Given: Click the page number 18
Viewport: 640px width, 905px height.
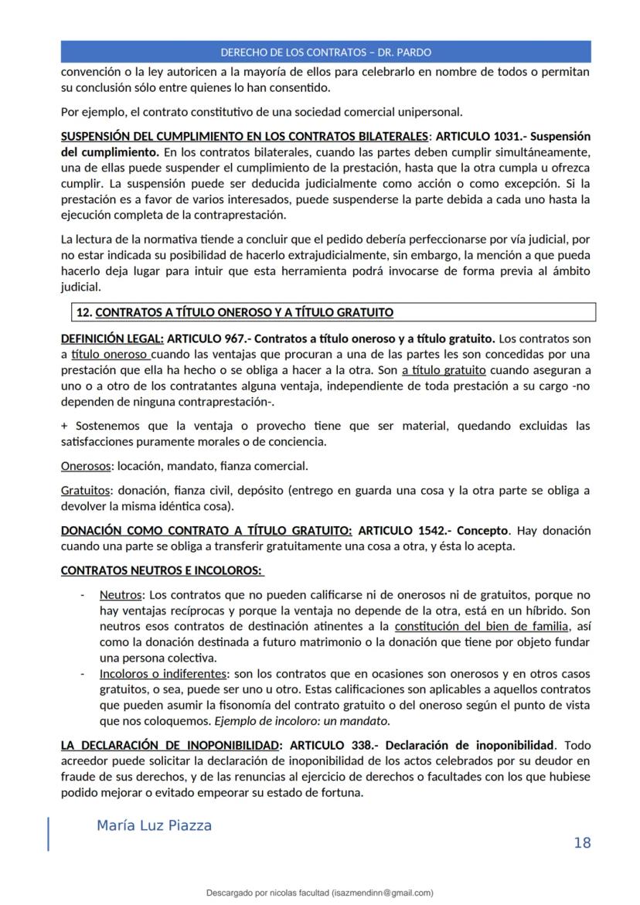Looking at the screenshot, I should [x=582, y=842].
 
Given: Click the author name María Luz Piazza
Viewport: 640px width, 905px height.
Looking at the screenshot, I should [x=154, y=825].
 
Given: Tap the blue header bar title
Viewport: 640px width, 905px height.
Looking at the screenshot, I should [x=325, y=53].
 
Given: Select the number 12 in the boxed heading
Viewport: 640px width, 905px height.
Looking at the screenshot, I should [x=83, y=312].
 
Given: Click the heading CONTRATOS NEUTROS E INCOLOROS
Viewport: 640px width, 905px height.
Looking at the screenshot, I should [x=162, y=571].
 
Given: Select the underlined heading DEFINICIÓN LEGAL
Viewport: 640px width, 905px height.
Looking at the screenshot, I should [x=112, y=339].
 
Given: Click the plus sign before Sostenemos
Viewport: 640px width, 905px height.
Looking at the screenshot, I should [x=64, y=426].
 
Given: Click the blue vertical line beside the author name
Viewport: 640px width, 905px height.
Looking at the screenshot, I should [x=49, y=834].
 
